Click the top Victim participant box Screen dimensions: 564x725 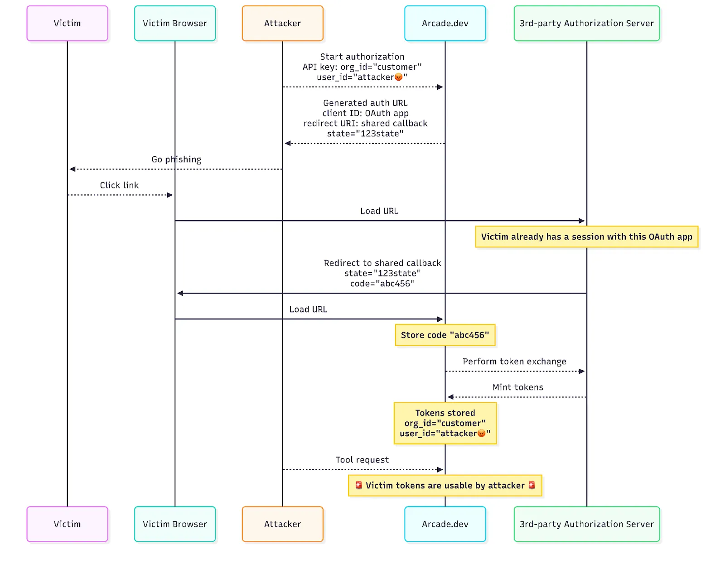point(67,24)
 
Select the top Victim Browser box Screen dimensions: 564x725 point(175,24)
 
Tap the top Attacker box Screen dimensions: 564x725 point(282,24)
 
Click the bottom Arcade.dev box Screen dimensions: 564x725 point(445,524)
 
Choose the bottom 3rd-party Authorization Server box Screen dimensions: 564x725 point(586,524)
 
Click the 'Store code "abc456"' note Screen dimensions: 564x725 point(445,335)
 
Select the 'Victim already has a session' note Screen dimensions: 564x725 point(586,237)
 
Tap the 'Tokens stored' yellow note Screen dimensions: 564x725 point(445,423)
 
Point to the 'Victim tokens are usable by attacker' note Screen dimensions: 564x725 point(445,486)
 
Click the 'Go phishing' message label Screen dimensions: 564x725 point(176,159)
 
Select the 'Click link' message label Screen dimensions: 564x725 point(119,185)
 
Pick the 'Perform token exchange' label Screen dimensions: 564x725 point(514,362)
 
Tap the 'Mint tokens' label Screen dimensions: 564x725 point(517,387)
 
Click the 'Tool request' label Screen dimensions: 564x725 point(362,460)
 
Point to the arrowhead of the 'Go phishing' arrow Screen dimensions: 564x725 point(72,169)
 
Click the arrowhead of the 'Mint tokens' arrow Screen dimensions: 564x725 point(450,397)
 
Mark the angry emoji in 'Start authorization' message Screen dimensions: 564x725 point(398,77)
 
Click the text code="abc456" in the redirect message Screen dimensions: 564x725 point(382,284)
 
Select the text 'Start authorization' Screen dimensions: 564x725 point(362,57)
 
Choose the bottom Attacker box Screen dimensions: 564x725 point(282,524)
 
